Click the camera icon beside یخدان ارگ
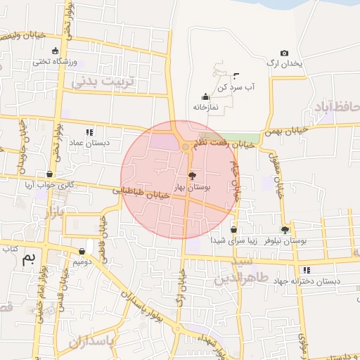284,53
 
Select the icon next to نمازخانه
205,97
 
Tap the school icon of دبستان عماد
89,131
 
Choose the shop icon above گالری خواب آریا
49,174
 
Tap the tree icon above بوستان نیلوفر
285,230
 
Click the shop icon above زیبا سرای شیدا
233,229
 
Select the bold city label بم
29,258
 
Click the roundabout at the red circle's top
185,147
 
